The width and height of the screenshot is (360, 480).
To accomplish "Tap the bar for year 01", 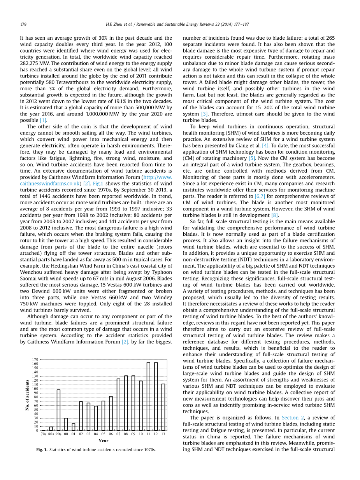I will [x=74, y=427].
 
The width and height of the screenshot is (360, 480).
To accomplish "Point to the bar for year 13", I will [x=163, y=407].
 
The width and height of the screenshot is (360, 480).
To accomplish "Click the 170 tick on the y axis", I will [x=35, y=359].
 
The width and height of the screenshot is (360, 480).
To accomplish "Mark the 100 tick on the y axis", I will [x=35, y=389].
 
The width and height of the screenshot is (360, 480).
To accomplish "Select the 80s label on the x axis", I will [x=51, y=434].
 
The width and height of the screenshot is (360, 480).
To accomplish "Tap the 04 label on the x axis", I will [x=96, y=434].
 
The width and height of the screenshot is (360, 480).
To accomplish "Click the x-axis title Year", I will [x=104, y=441].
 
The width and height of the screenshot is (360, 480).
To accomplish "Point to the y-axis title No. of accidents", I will [x=27, y=395].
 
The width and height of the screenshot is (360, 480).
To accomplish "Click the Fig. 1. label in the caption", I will [x=42, y=450].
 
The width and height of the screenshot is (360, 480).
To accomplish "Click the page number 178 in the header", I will [x=23, y=24].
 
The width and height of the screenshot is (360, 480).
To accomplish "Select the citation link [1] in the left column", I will [x=43, y=120].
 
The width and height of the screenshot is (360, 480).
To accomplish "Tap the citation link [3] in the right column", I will [x=204, y=114].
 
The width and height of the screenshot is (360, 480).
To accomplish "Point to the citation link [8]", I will [x=274, y=215].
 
